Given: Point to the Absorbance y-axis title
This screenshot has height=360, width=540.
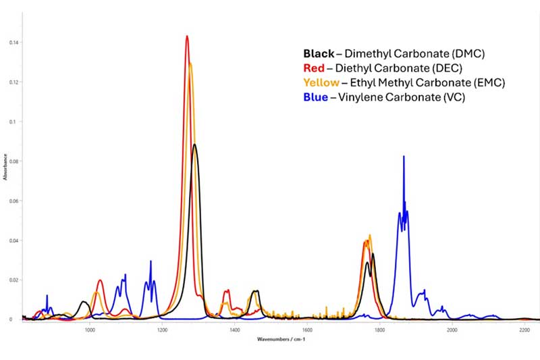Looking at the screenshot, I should (5, 165).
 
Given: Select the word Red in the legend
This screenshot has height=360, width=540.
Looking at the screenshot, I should (314, 68).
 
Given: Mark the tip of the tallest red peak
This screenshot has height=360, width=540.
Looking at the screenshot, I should (187, 36).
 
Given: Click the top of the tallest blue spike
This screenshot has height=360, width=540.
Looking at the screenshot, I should (404, 156).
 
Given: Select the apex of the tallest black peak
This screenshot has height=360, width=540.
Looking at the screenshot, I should (195, 145).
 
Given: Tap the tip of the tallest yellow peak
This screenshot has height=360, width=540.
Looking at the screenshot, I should (190, 63).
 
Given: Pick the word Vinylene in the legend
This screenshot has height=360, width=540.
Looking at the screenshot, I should (364, 97).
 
